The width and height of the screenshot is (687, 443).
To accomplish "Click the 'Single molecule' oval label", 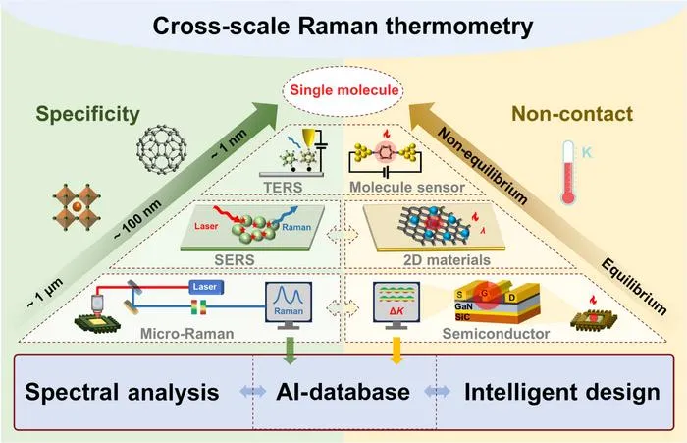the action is (343, 90).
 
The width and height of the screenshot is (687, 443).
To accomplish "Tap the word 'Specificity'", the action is (88, 115).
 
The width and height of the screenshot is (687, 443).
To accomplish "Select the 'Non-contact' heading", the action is (572, 114).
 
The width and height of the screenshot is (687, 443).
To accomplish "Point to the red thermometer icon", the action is (568, 172).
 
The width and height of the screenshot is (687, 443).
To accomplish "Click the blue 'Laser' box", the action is (206, 287).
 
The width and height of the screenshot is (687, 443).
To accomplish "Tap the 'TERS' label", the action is (283, 188).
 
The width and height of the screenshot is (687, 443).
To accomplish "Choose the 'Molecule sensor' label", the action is (407, 188).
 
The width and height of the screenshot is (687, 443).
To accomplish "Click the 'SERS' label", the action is (235, 260).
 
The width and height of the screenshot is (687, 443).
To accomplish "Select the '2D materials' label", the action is (447, 260).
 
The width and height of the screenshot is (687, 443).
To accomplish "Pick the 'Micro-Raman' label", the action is (187, 334).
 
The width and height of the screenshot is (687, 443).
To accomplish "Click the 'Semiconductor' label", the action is (496, 334).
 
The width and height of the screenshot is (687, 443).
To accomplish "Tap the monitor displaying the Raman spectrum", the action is (289, 305).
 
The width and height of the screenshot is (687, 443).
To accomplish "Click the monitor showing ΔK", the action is (396, 305).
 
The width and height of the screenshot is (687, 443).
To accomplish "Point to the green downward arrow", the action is (289, 351).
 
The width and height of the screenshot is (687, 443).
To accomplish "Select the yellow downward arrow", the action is (396, 351).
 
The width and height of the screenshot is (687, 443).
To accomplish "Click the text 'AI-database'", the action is (343, 392).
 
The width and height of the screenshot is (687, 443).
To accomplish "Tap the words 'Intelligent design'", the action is (562, 393).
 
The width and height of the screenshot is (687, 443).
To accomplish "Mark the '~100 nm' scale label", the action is (137, 220).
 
